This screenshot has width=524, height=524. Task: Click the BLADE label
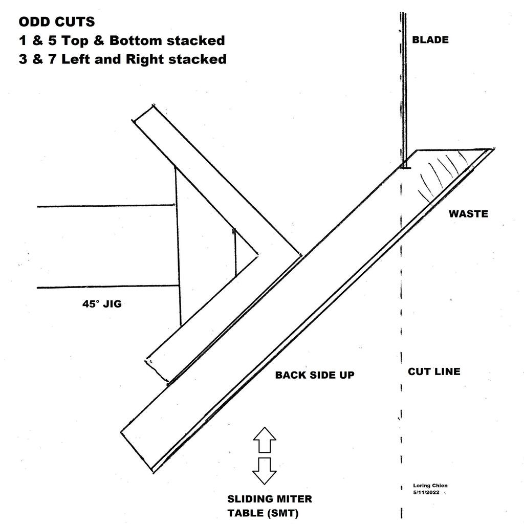pyautogui.click(x=430, y=40)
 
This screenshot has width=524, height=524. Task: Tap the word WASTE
pyautogui.click(x=468, y=214)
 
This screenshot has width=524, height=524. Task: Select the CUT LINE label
pyautogui.click(x=434, y=372)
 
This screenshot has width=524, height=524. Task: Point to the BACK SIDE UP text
pyautogui.click(x=315, y=375)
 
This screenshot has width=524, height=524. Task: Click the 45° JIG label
pyautogui.click(x=102, y=304)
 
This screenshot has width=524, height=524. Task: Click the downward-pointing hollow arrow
pyautogui.click(x=265, y=471)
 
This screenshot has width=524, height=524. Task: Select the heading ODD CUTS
pyautogui.click(x=56, y=23)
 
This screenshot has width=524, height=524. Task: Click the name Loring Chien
pyautogui.click(x=430, y=486)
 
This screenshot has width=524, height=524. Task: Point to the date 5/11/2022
pyautogui.click(x=426, y=492)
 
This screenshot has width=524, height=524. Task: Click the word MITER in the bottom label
pyautogui.click(x=294, y=499)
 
